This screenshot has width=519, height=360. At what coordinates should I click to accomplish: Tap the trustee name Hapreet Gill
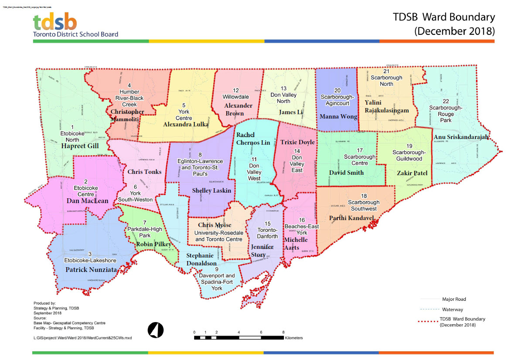tap(80, 146)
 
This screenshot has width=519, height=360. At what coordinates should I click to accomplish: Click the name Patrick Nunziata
tap(91, 270)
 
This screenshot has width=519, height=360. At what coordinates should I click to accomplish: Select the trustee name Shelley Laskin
tap(212, 190)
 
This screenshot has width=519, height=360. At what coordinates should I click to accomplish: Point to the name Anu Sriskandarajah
tap(465, 137)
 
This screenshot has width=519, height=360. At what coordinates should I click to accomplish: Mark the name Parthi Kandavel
tap(352, 217)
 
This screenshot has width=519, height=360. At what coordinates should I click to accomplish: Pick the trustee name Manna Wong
tap(338, 116)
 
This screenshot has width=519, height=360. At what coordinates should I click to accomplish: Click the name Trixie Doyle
tap(297, 143)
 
